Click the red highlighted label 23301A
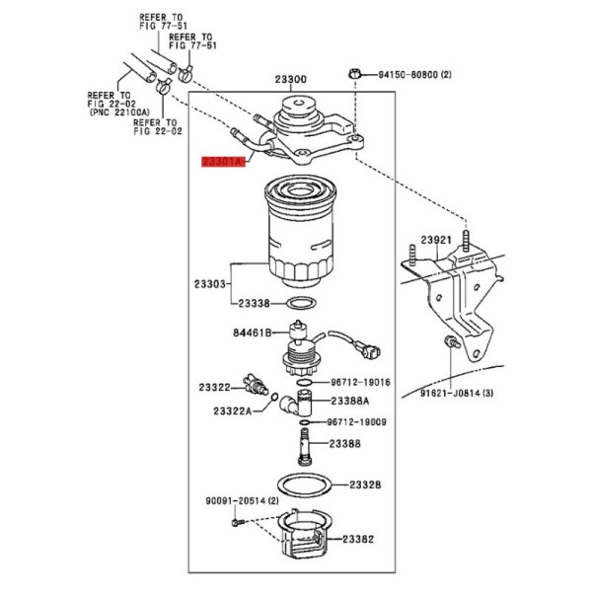[x=223, y=162]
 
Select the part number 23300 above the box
[x=291, y=79]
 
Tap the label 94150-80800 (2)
[x=415, y=74]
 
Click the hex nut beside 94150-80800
[x=354, y=73]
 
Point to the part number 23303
[x=210, y=284]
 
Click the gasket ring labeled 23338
[x=301, y=303]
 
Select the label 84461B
[x=253, y=333]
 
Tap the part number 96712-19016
[x=360, y=382]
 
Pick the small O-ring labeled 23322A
[x=274, y=397]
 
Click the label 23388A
[x=350, y=401]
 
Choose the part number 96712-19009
[x=356, y=421]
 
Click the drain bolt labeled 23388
[x=304, y=446]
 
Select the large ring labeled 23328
[x=304, y=484]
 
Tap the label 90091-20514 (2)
[x=242, y=500]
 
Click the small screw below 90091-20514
[x=238, y=523]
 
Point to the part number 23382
[x=358, y=539]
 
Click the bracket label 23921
[x=436, y=240]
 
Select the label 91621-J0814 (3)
[x=457, y=394]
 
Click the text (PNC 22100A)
[x=119, y=112]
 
